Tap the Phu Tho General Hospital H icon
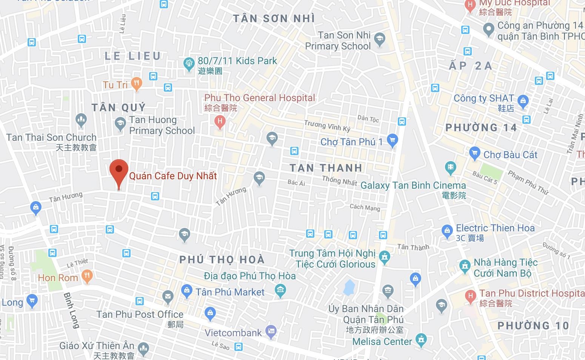pos(220,122)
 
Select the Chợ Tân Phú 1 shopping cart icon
pos(392,140)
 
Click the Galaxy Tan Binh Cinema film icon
pos(451,167)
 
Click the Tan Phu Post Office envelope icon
pos(168,296)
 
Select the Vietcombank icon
pos(271,331)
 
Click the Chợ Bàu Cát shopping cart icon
pos(474,153)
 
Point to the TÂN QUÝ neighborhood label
pos(119,108)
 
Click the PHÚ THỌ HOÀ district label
pos(222,260)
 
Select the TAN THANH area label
pos(326,168)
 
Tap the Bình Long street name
pos(72,310)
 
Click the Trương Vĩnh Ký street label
pos(327,125)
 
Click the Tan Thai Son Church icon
pos(81,120)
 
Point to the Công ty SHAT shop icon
pos(523,100)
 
